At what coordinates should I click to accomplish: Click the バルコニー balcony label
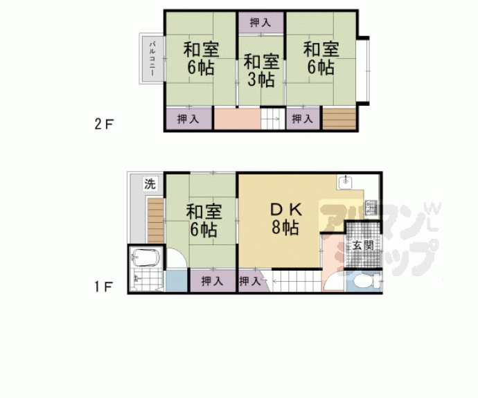(152, 59)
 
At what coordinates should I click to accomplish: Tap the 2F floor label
(104, 124)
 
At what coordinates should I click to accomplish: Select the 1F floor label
(104, 287)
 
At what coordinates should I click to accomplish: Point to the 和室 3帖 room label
(261, 71)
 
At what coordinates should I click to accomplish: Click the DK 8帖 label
(286, 218)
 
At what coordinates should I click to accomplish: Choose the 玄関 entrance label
(363, 245)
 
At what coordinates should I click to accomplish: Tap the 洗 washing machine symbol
(150, 184)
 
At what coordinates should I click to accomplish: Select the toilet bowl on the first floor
(364, 281)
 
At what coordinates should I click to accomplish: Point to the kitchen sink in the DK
(345, 182)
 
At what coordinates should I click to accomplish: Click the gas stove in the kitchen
(371, 208)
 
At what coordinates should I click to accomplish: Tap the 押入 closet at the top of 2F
(260, 23)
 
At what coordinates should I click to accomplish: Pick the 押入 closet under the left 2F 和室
(188, 118)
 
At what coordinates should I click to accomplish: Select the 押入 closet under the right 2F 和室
(303, 118)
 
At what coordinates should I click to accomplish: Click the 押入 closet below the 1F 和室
(213, 281)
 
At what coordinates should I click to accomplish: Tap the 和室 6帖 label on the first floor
(204, 221)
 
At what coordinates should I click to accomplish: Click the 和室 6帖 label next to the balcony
(201, 58)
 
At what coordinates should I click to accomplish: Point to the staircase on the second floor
(272, 119)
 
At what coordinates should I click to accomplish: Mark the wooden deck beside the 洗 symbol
(156, 221)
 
